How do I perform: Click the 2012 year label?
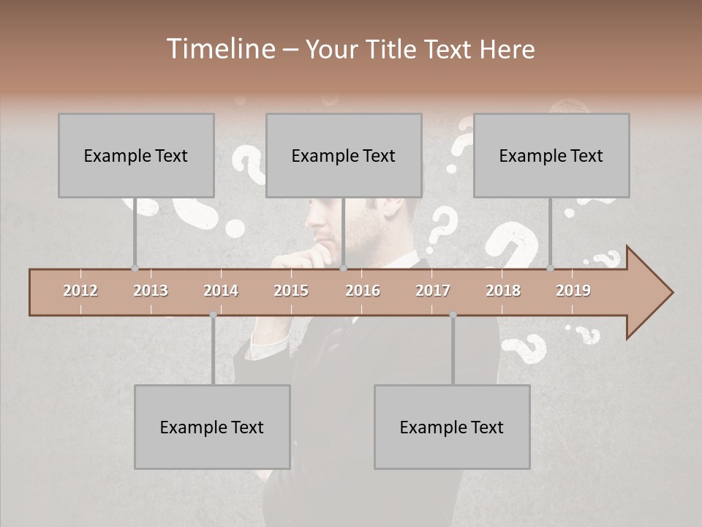pos(80,291)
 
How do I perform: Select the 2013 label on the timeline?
pos(151,291)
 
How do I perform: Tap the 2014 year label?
pos(221,291)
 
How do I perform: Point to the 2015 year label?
pos(291,291)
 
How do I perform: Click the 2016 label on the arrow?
pos(363,291)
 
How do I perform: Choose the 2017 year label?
pos(433,291)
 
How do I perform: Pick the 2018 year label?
pos(503,291)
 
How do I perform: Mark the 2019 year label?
pos(573,291)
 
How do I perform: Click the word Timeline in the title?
pos(220,49)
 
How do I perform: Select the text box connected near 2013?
pos(136,155)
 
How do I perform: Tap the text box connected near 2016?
pos(344,155)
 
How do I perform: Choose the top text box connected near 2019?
pos(551,155)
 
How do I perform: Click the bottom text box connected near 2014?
pos(212,427)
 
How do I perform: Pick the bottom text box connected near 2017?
pos(452,427)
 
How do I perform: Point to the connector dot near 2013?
pos(135,269)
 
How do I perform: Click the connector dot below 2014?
pos(213,315)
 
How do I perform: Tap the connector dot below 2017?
pos(453,315)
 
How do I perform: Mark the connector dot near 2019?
pos(550,269)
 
